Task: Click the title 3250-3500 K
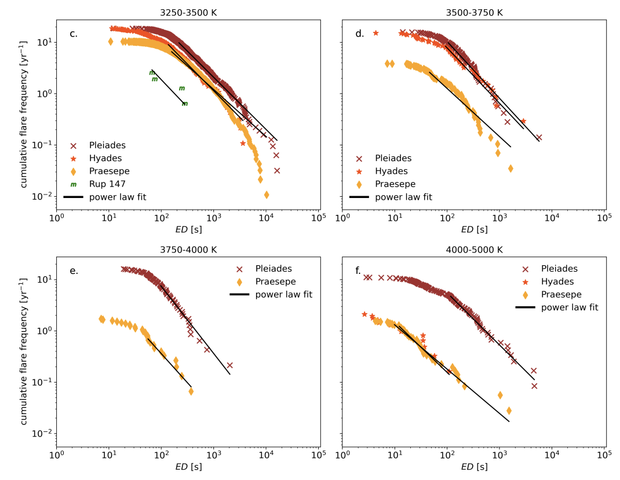pyautogui.click(x=187, y=12)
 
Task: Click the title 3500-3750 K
pyautogui.click(x=473, y=12)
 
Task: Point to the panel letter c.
pyautogui.click(x=74, y=34)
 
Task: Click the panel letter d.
pyautogui.click(x=359, y=34)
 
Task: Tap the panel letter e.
pyautogui.click(x=74, y=271)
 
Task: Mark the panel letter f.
pyautogui.click(x=359, y=271)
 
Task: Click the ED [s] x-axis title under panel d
pyautogui.click(x=473, y=229)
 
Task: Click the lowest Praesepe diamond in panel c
pyautogui.click(x=267, y=195)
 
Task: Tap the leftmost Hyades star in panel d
pyautogui.click(x=375, y=33)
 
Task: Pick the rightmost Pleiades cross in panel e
pyautogui.click(x=229, y=365)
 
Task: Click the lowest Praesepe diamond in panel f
pyautogui.click(x=509, y=411)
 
